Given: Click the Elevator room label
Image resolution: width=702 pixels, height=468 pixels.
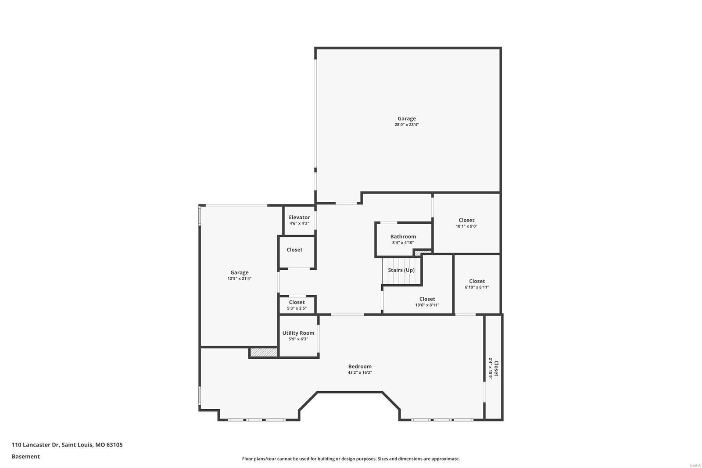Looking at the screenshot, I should (x=299, y=218).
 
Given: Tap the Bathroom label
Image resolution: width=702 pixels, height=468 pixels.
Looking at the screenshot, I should (x=403, y=236).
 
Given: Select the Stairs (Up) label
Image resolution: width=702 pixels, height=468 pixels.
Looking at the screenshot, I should (x=401, y=270).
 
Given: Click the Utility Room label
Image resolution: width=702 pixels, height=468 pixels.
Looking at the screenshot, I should (x=298, y=333).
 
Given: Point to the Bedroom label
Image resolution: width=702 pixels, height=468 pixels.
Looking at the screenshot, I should (x=360, y=367).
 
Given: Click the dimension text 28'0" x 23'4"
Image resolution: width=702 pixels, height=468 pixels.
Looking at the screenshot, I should (x=407, y=125).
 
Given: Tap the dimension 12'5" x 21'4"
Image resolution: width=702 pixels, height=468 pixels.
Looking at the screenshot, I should (x=240, y=279).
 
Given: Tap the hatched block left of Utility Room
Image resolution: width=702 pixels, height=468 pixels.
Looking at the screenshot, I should (x=264, y=352).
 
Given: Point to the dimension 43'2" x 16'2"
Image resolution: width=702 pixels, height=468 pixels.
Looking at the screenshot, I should (x=360, y=373).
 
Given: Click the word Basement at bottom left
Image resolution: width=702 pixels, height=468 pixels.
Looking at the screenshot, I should (x=25, y=457).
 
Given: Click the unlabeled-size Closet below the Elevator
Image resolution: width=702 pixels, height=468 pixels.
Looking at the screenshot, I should (x=294, y=250).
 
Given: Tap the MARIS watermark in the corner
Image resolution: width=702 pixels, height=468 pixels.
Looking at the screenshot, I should (x=695, y=465).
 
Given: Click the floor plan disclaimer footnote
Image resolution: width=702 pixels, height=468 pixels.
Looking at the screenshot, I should (x=351, y=459).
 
